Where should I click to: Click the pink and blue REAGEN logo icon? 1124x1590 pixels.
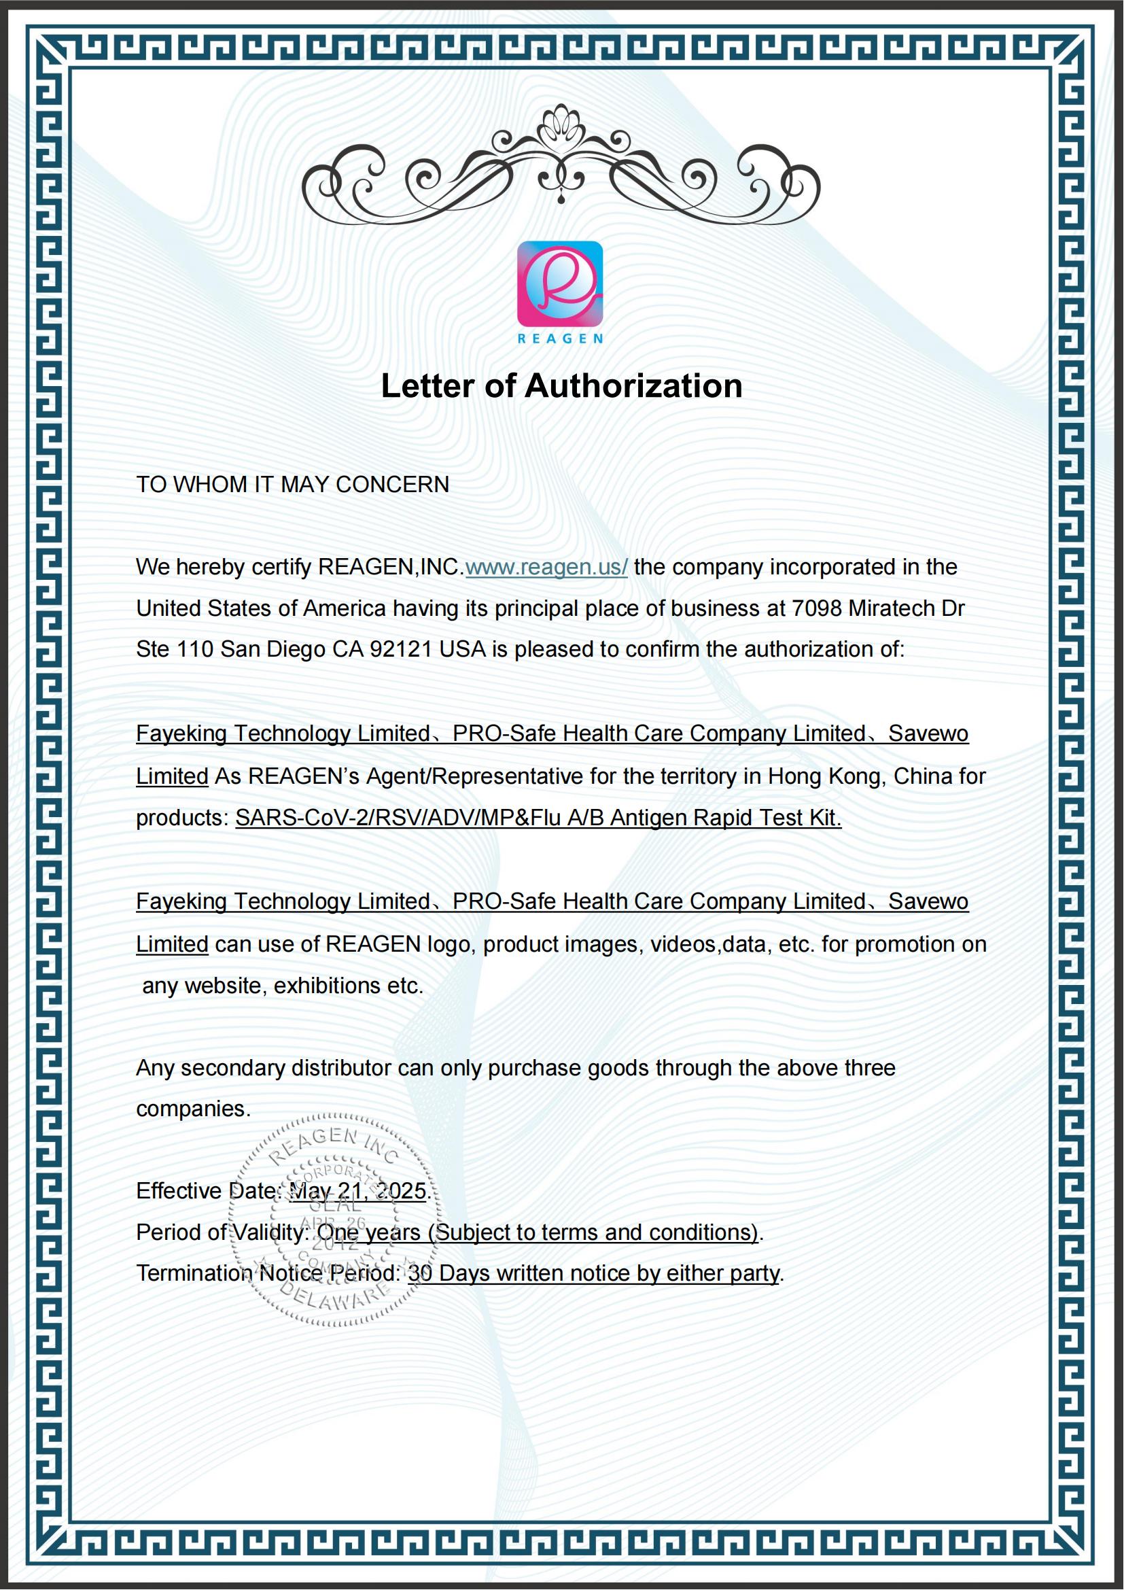560,284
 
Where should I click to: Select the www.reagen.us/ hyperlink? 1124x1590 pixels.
546,567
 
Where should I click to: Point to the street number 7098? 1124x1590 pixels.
817,608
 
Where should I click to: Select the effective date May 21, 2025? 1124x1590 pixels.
357,1191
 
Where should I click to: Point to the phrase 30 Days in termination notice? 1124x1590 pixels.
449,1273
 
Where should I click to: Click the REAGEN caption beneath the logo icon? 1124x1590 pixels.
560,339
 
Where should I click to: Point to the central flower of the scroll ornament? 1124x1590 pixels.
561,126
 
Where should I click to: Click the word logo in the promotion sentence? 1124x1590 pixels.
449,945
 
